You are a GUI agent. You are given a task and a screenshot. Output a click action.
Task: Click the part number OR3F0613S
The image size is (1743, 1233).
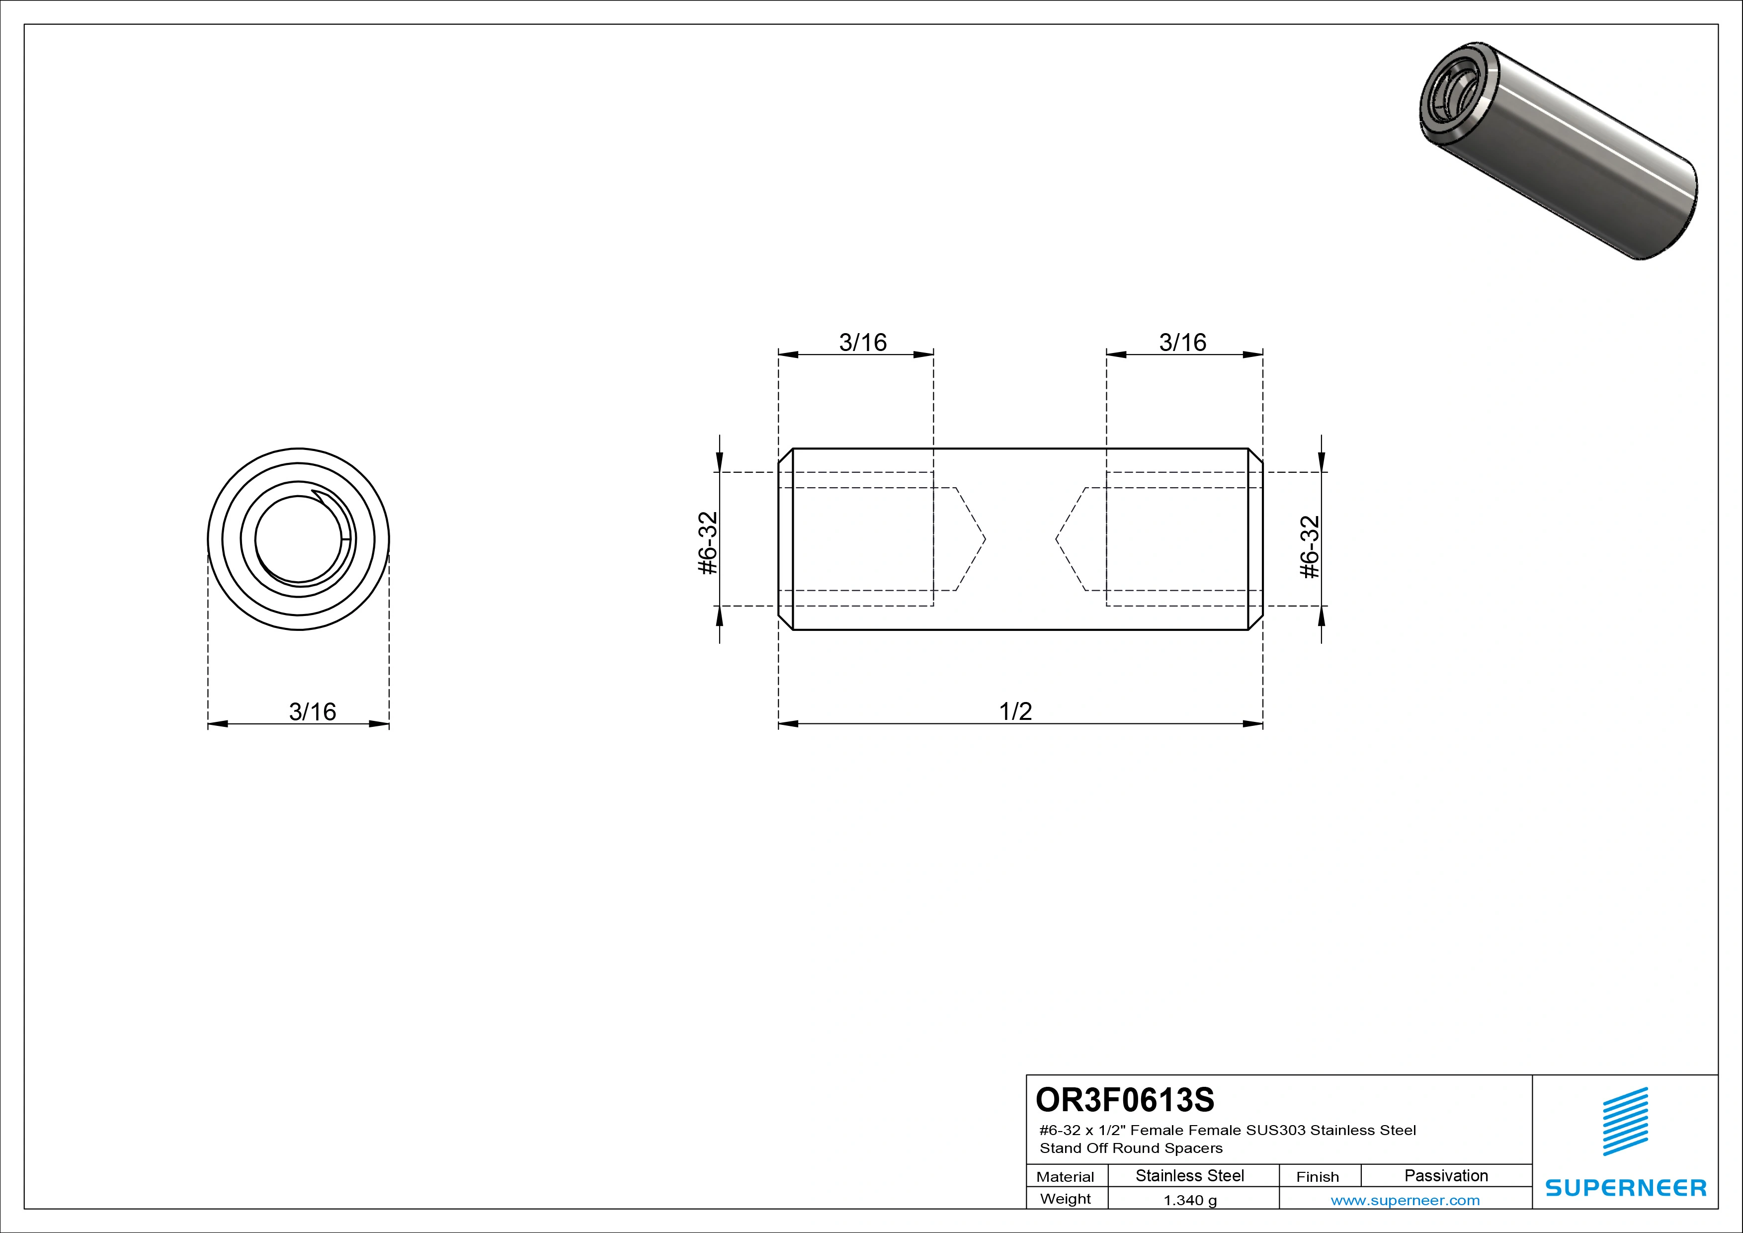point(1124,1099)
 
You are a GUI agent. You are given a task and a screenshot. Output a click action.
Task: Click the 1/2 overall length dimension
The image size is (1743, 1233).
point(1016,711)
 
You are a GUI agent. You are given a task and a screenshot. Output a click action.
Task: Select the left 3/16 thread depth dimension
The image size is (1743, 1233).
point(862,343)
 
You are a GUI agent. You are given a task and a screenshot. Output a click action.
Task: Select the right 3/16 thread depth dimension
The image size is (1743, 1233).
point(1183,343)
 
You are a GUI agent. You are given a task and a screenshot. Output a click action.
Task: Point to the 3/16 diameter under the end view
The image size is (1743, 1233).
point(312,711)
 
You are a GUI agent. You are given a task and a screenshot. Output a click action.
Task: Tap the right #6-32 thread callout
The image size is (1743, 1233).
point(1310,547)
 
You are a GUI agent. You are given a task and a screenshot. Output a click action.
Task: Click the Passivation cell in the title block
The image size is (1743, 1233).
point(1446,1175)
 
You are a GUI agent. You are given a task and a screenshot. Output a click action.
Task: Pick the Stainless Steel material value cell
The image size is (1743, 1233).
point(1189,1175)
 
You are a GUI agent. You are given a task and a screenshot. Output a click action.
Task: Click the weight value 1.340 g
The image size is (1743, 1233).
point(1189,1200)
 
